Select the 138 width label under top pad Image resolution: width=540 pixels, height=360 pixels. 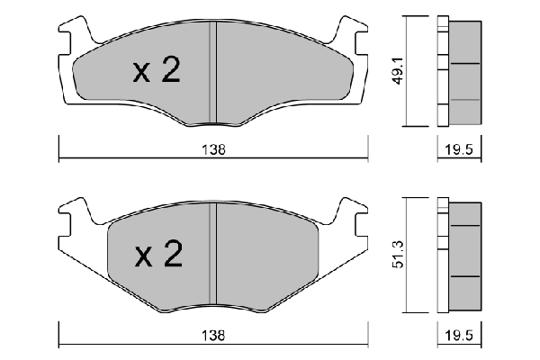point(214,150)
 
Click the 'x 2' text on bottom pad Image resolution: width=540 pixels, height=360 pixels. point(158,257)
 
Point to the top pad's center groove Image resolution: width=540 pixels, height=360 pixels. point(213,72)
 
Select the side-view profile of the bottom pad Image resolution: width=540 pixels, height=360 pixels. point(459,256)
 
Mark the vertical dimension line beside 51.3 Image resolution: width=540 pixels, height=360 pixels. point(409,256)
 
